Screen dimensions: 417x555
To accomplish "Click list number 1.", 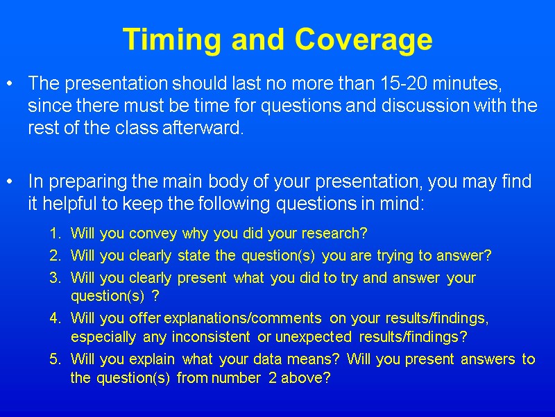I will (x=54, y=233).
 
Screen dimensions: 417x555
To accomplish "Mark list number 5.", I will (x=54, y=359).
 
